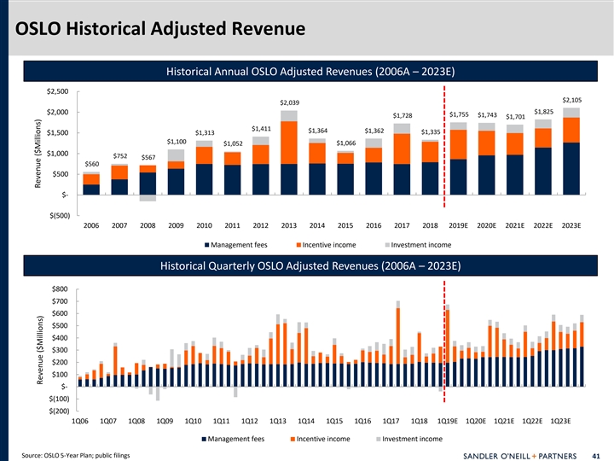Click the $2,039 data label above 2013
pyautogui.click(x=289, y=103)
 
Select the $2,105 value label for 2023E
pyautogui.click(x=571, y=100)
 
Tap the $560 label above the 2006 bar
pyautogui.click(x=91, y=164)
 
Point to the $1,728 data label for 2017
pyautogui.click(x=402, y=115)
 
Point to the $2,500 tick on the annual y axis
pyautogui.click(x=58, y=90)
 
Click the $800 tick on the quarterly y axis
pyautogui.click(x=61, y=288)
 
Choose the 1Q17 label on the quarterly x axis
pyautogui.click(x=391, y=421)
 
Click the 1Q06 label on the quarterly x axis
pyautogui.click(x=80, y=421)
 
